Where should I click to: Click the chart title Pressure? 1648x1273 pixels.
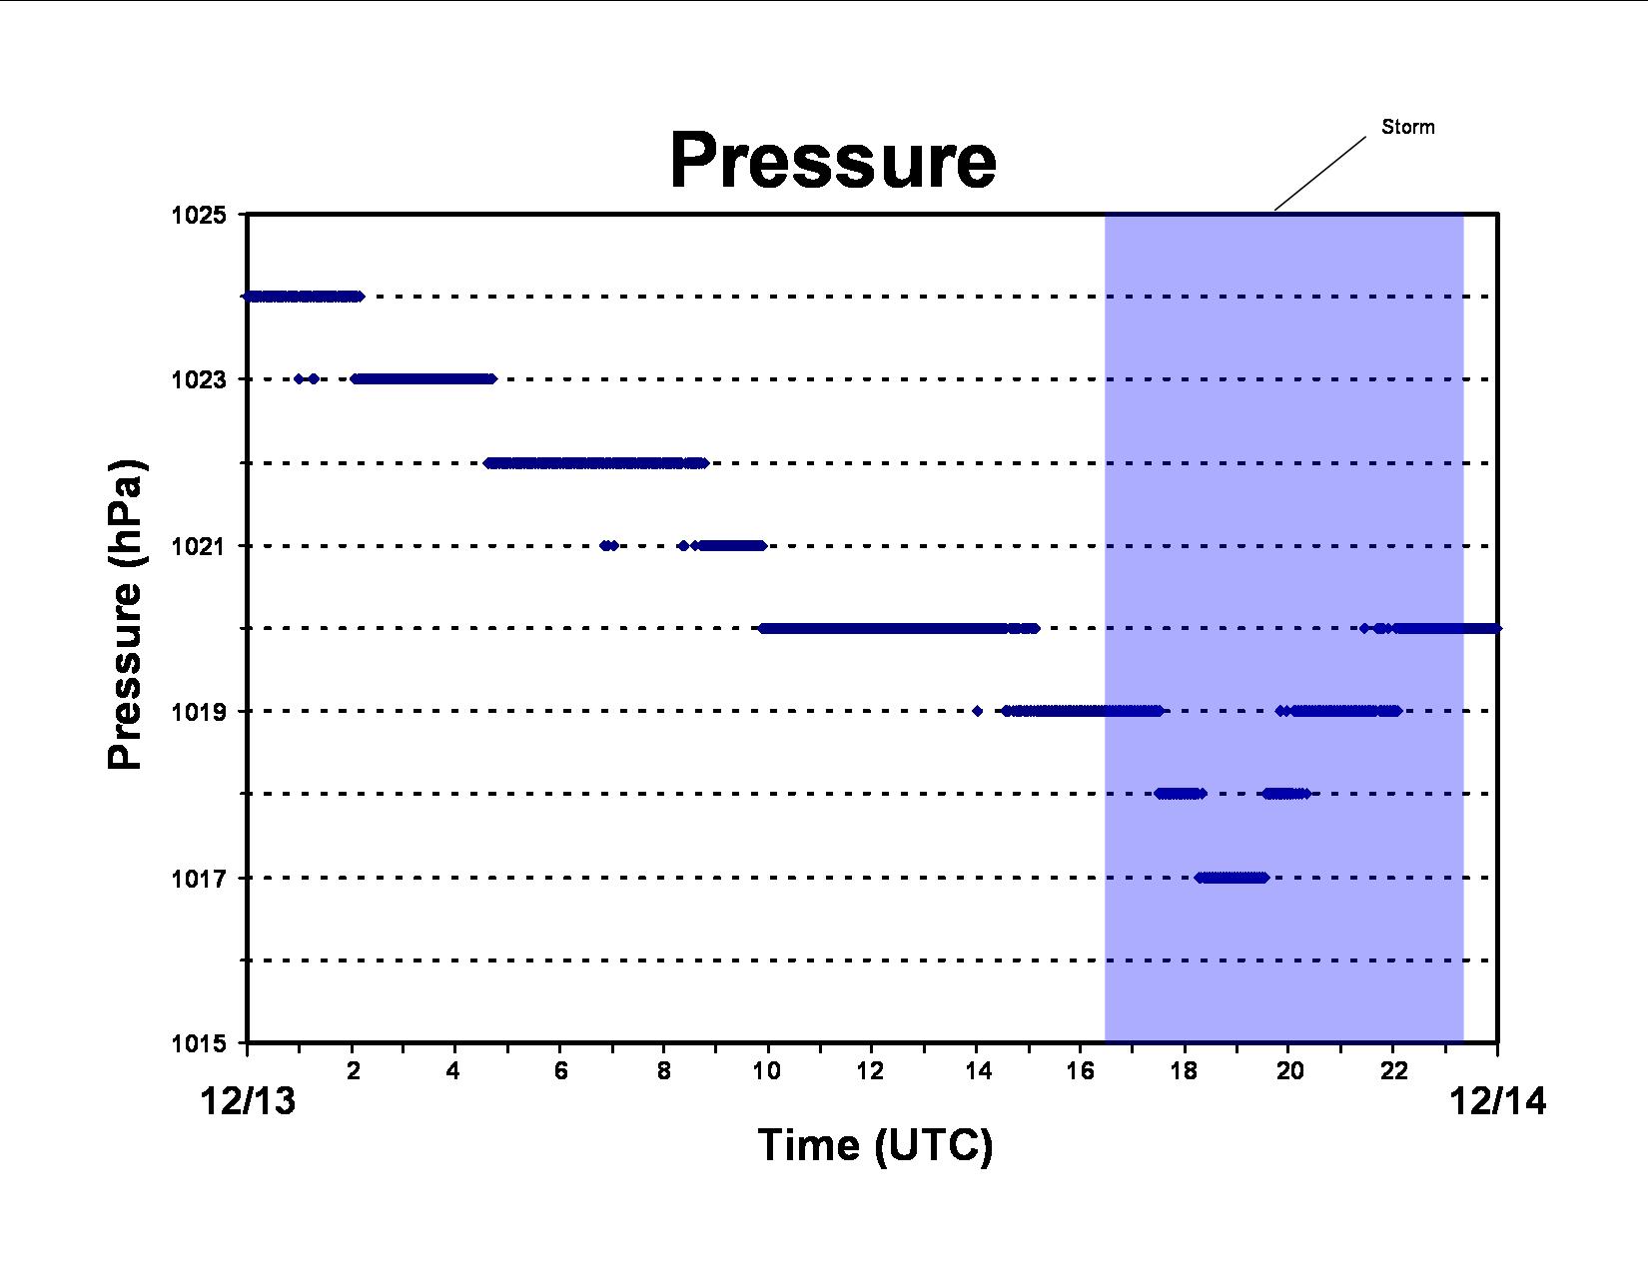(x=833, y=160)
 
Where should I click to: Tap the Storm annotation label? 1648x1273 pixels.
(x=1407, y=127)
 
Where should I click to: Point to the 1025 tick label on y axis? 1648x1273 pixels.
(x=199, y=216)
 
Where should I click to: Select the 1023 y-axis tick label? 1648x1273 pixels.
(x=199, y=379)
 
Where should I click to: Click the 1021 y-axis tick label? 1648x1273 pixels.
(x=199, y=546)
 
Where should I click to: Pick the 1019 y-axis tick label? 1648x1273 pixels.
(x=199, y=711)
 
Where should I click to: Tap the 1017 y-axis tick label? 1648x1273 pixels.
(x=199, y=878)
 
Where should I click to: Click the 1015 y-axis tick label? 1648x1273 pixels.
(x=199, y=1044)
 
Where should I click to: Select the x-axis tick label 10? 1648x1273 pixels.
(x=767, y=1070)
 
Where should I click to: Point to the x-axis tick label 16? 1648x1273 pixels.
(x=1080, y=1070)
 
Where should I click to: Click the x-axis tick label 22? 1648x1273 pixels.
(x=1393, y=1070)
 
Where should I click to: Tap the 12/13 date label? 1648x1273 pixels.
(x=248, y=1101)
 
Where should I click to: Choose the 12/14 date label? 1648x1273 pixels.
(x=1498, y=1101)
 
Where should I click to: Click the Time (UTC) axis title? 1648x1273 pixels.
(x=875, y=1145)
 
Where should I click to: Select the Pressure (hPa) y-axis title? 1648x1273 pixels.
(x=125, y=614)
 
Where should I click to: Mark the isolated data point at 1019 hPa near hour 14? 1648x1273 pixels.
(x=978, y=711)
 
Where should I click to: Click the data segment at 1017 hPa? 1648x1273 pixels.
(x=1232, y=878)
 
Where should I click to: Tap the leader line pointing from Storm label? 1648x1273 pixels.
(x=1320, y=174)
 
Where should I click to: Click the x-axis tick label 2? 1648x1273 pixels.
(x=353, y=1070)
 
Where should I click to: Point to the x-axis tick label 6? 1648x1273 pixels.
(x=560, y=1070)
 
